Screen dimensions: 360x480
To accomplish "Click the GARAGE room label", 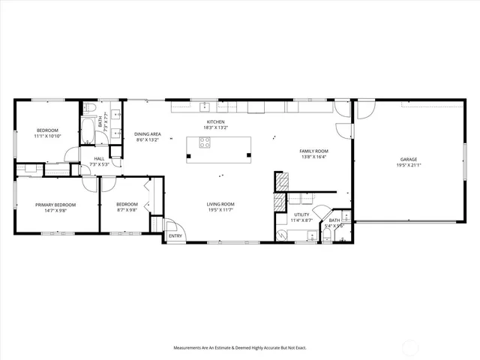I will pos(409,160).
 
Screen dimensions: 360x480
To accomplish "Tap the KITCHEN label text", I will pos(216,122).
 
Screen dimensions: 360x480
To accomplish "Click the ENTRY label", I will pos(175,236).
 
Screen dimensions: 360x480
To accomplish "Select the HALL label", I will pos(99,158).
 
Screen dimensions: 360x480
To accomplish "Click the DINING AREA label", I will pos(148,134).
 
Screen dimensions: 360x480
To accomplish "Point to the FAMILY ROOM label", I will pos(314,151).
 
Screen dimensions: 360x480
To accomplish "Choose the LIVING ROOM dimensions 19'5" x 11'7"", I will pos(221,210).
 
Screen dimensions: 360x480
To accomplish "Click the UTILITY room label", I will pos(301,215).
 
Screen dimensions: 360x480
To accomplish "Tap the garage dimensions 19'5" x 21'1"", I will pos(409,165).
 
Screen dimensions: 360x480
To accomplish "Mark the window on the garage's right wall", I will pos(464,160).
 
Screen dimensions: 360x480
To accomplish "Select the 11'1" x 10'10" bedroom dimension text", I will pos(47,136).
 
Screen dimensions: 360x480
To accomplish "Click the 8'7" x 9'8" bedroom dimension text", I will pos(127,210).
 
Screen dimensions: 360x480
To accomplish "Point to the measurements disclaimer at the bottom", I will pos(239,347).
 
